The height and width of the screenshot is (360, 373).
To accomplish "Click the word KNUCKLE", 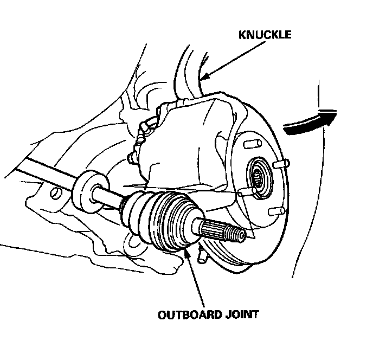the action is [x=266, y=35].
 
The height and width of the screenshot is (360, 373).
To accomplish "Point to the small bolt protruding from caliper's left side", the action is [x=132, y=157].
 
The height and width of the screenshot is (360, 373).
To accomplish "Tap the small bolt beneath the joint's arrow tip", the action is [x=203, y=255].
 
